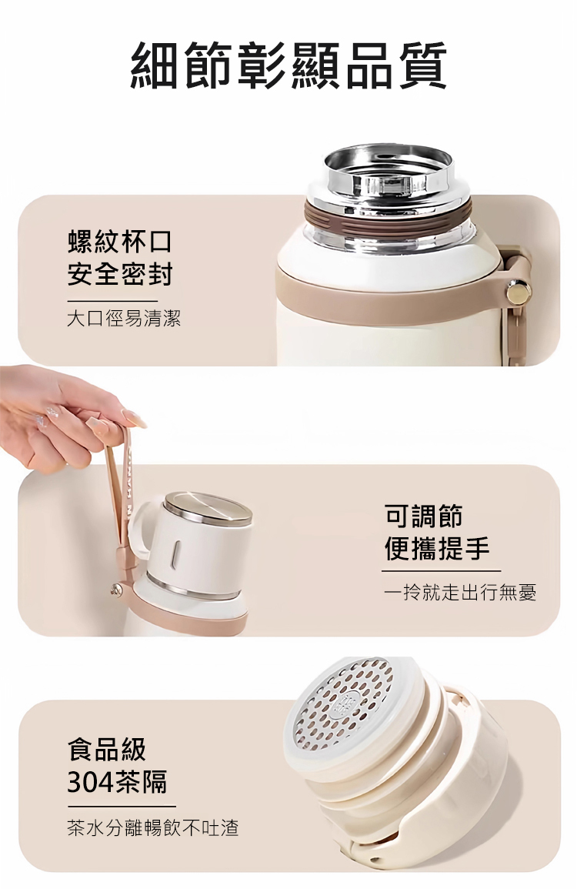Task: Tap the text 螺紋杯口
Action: coord(119,242)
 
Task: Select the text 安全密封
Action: coord(119,275)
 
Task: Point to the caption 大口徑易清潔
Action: coord(124,318)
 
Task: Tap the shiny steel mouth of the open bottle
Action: coord(389,170)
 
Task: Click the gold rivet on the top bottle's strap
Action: coord(518,294)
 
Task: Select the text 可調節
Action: coord(423,516)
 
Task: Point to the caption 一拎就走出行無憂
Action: coord(459,593)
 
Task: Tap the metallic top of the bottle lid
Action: coord(208,508)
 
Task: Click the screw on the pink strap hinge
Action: coord(118,590)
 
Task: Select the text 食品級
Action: coord(107,749)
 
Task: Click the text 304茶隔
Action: coord(118,783)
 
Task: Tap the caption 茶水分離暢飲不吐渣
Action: coord(152,827)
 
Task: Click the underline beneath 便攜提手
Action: coord(442,571)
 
